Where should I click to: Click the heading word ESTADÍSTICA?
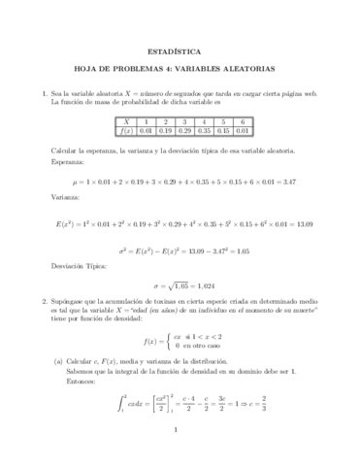tap(180, 45)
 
